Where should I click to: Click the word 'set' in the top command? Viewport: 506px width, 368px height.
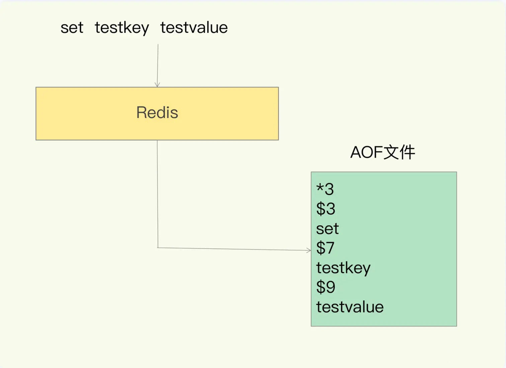click(x=72, y=28)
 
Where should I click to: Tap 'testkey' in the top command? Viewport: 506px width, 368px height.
click(x=122, y=28)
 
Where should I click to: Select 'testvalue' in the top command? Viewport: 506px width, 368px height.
click(x=194, y=27)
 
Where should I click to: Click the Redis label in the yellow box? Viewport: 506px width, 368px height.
click(x=157, y=112)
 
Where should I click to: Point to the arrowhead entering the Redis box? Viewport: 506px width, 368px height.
click(x=157, y=85)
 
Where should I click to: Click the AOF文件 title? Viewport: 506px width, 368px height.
click(x=383, y=152)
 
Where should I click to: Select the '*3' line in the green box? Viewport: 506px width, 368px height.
click(x=325, y=189)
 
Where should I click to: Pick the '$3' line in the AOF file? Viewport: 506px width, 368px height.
click(x=326, y=208)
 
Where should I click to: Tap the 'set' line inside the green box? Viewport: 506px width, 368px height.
click(x=327, y=229)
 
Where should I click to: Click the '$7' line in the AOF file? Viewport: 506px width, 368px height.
click(x=325, y=248)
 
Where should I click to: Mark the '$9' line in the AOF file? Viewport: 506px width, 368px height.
click(x=326, y=287)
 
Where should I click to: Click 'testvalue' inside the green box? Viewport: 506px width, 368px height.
click(x=350, y=307)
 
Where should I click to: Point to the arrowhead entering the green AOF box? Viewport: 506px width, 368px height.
click(x=309, y=250)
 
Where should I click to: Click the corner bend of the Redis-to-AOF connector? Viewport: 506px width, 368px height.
click(x=158, y=248)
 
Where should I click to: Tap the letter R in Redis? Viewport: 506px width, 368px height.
click(x=142, y=112)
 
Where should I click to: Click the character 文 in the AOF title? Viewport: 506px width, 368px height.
click(x=391, y=152)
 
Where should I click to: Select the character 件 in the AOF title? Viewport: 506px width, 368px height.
click(x=407, y=152)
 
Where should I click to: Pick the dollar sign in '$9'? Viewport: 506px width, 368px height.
click(x=321, y=287)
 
